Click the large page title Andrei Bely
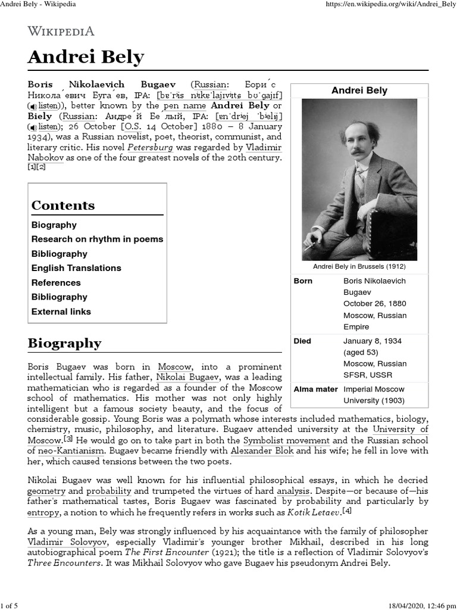(86, 57)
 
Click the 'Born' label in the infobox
(303, 281)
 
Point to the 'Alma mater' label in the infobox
(315, 389)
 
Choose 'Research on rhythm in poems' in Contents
(97, 239)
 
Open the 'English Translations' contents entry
(76, 268)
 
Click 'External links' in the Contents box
(61, 312)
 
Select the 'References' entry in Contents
(56, 283)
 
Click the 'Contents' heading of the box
(63, 206)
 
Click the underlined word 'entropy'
(44, 513)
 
